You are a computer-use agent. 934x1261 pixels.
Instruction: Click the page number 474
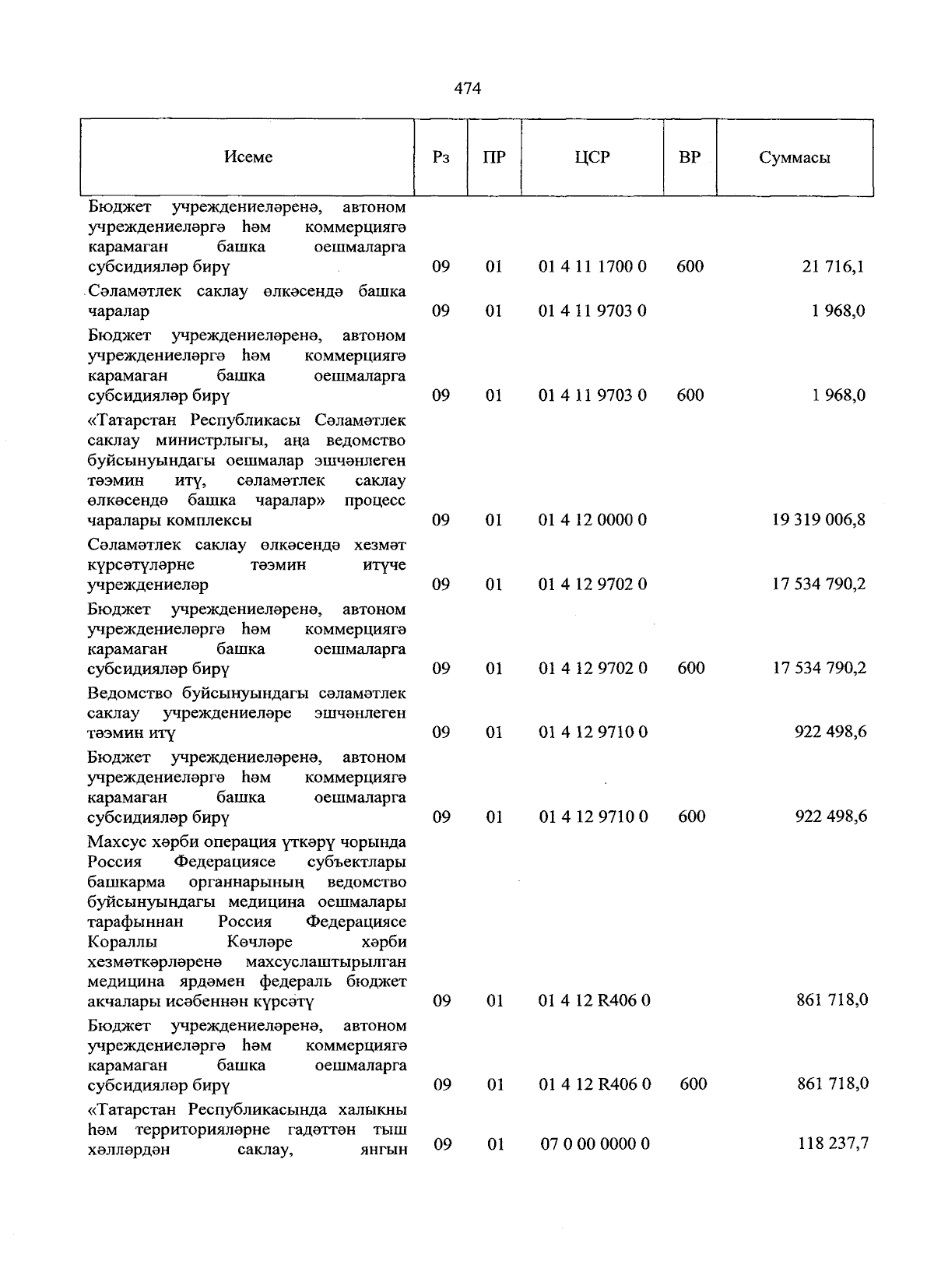pyautogui.click(x=467, y=89)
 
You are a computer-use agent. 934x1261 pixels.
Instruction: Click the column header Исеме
pyautogui.click(x=248, y=157)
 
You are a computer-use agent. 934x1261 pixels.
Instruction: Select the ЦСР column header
pyautogui.click(x=592, y=157)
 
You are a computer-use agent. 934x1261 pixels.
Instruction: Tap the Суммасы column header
pyautogui.click(x=794, y=158)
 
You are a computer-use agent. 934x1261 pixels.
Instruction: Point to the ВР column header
pyautogui.click(x=690, y=157)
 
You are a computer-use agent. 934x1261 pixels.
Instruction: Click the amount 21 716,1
pyautogui.click(x=833, y=267)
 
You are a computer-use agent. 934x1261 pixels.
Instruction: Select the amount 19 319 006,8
pyautogui.click(x=818, y=520)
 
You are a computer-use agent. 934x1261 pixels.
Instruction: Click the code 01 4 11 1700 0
pyautogui.click(x=592, y=267)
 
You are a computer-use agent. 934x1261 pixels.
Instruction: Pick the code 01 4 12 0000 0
pyautogui.click(x=592, y=520)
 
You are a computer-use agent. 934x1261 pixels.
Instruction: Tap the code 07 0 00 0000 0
pyautogui.click(x=595, y=1144)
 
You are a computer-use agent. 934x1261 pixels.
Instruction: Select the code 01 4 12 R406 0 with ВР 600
pyautogui.click(x=594, y=1084)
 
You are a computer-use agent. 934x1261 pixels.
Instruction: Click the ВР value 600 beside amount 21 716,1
pyautogui.click(x=690, y=267)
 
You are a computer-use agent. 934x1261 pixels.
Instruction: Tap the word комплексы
pyautogui.click(x=216, y=520)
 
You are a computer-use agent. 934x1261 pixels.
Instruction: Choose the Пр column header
pyautogui.click(x=493, y=157)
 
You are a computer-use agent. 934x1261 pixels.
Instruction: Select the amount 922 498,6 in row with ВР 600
pyautogui.click(x=830, y=817)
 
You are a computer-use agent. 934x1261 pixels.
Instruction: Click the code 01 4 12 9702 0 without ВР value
pyautogui.click(x=592, y=585)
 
